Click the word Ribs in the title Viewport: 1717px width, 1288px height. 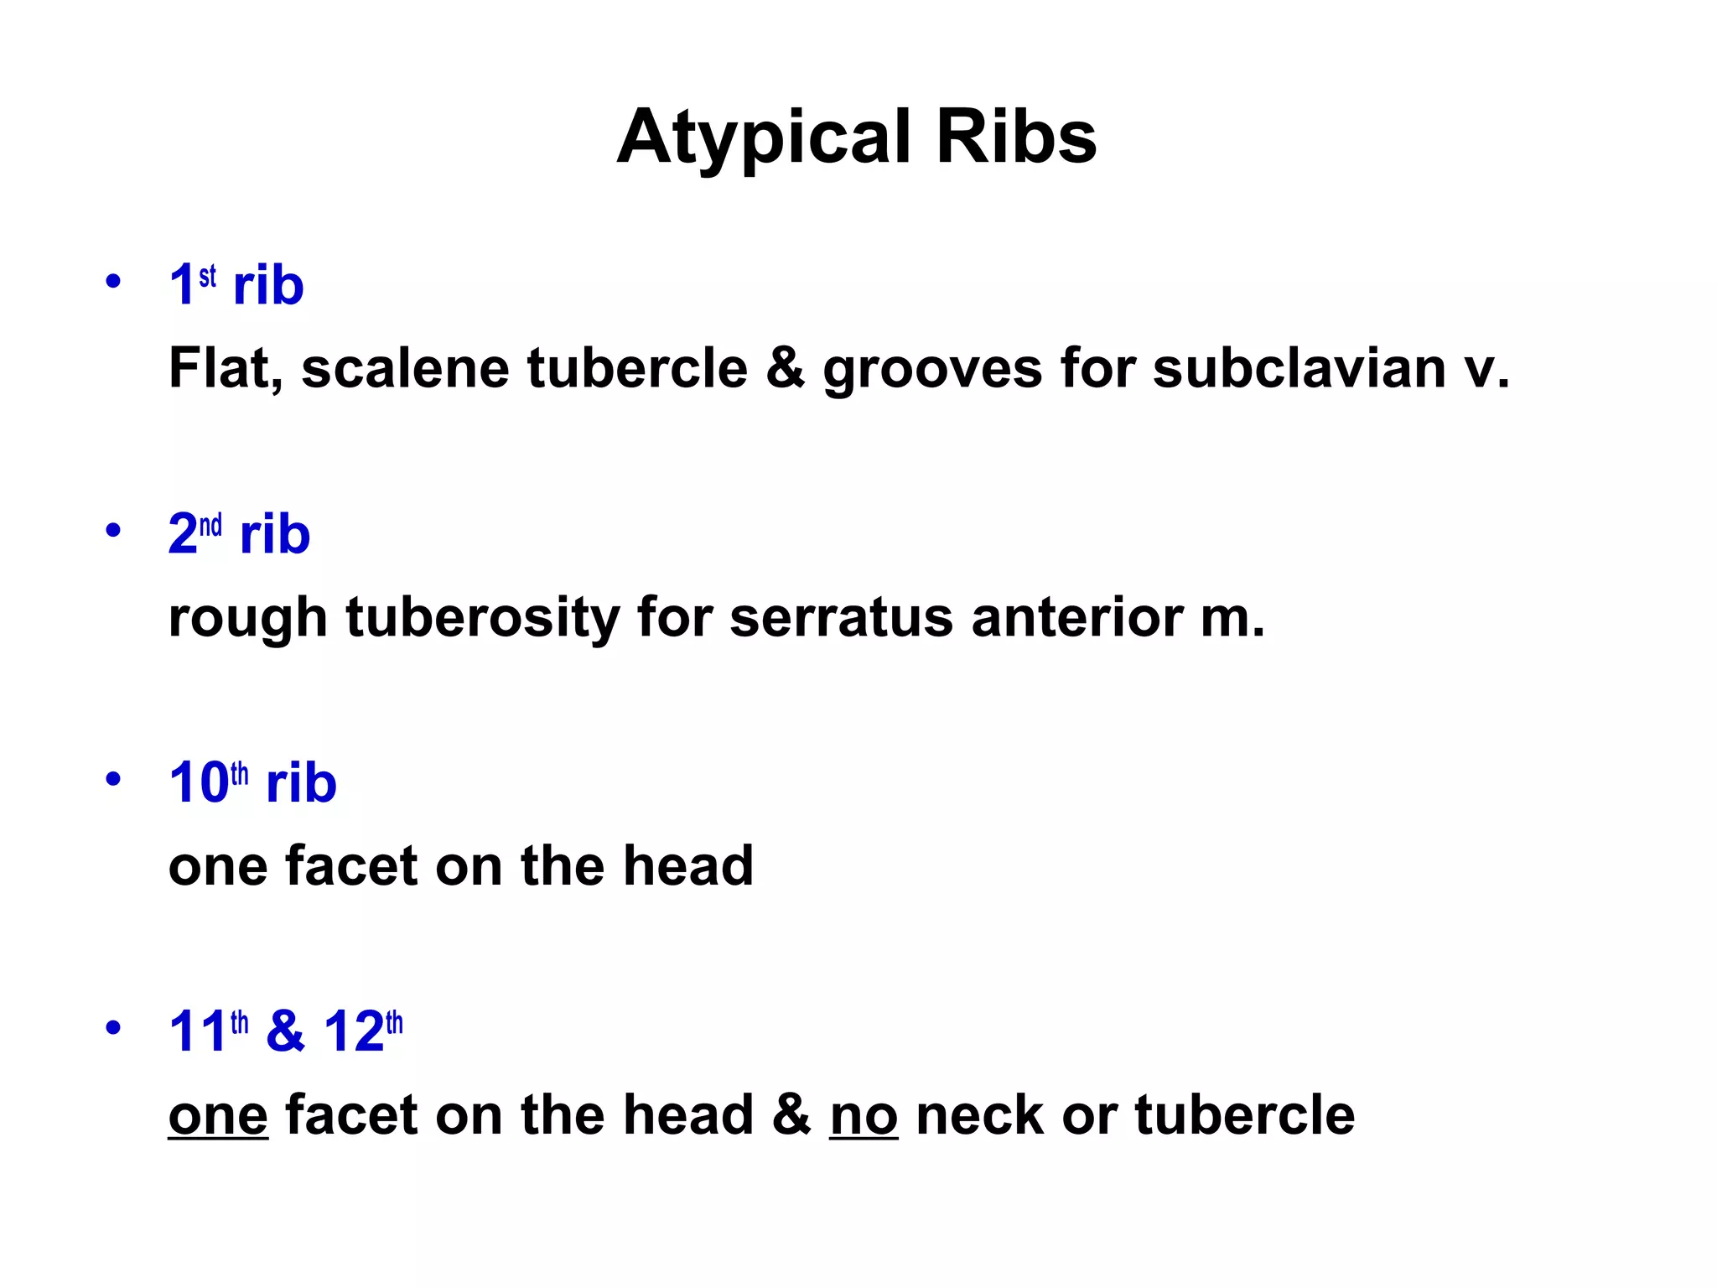pyautogui.click(x=1016, y=137)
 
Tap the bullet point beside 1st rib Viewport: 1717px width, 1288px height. pyautogui.click(x=113, y=282)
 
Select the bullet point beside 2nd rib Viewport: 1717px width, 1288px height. pyautogui.click(x=113, y=531)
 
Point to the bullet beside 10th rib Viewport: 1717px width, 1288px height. pyautogui.click(x=113, y=780)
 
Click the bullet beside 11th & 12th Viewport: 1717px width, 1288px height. pyautogui.click(x=113, y=1028)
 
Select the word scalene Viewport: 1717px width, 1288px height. pyautogui.click(x=405, y=368)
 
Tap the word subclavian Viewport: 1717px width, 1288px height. pyautogui.click(x=1299, y=368)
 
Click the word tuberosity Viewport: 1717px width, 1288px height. pyautogui.click(x=482, y=618)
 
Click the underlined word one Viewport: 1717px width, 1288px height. pyautogui.click(x=218, y=1116)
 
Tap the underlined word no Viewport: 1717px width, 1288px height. pyautogui.click(x=864, y=1116)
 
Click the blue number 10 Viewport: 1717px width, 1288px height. pyautogui.click(x=199, y=783)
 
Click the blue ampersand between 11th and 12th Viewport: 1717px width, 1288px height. pyautogui.click(x=285, y=1031)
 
